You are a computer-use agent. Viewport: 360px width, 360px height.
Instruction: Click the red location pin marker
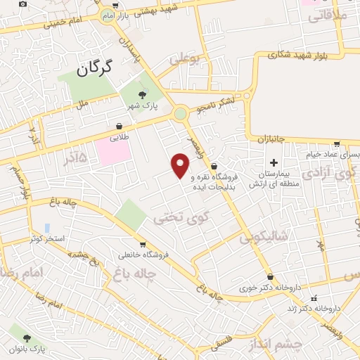click(x=181, y=166)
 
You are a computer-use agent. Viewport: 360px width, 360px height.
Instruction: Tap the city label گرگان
click(x=91, y=68)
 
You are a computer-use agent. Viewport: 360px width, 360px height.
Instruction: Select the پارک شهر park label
click(x=143, y=105)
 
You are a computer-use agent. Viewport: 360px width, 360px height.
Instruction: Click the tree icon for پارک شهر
click(x=143, y=94)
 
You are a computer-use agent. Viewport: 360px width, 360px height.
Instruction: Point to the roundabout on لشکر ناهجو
click(x=181, y=112)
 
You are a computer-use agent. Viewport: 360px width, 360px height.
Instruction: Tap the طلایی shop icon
click(x=120, y=127)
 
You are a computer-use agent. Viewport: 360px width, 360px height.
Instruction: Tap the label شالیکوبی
click(x=264, y=238)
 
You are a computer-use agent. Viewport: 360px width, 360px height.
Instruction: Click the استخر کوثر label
click(x=47, y=239)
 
